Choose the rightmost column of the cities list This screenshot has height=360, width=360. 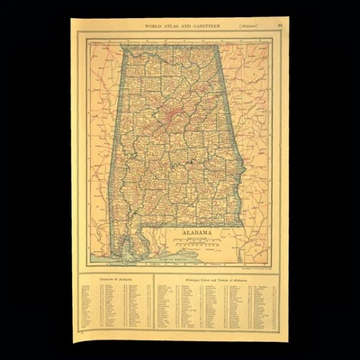click(265, 306)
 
